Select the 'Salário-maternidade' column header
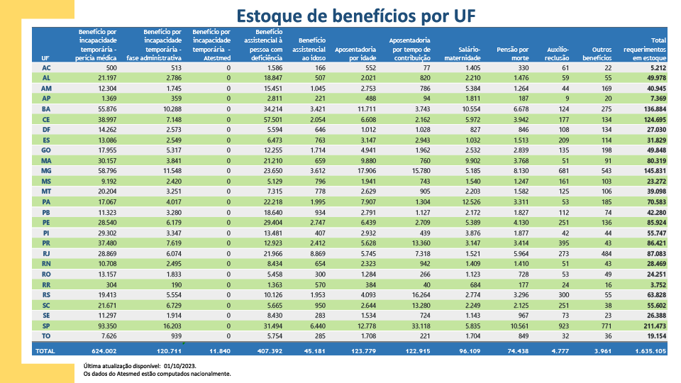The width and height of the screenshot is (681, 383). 465,53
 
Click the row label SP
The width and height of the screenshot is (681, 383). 46,326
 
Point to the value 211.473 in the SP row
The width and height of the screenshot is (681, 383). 652,326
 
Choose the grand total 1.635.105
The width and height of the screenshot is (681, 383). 649,350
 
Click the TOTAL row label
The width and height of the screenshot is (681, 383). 46,350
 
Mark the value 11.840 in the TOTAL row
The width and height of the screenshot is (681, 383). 217,350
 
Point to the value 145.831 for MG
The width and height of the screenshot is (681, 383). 652,172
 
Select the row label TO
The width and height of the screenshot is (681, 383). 46,335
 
